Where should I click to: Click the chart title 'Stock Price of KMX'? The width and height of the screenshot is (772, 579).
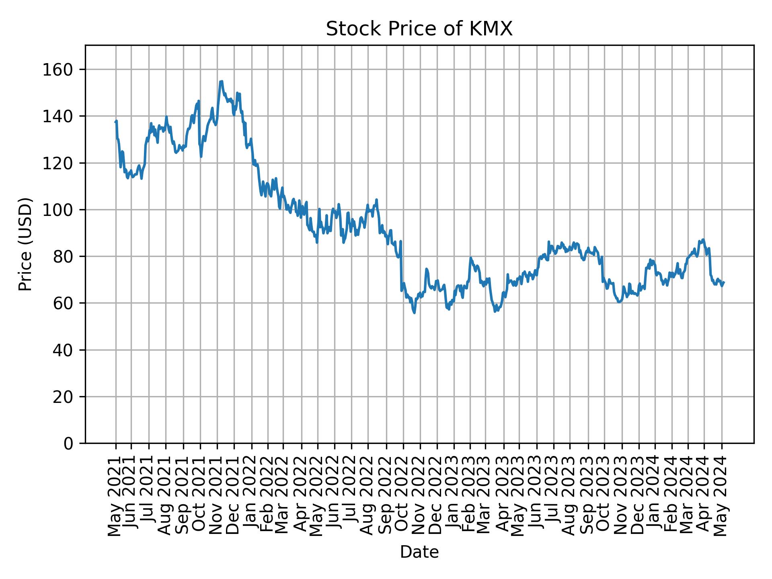click(419, 29)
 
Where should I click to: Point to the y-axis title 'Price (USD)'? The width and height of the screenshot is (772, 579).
click(25, 244)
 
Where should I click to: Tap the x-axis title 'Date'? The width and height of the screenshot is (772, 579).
click(419, 552)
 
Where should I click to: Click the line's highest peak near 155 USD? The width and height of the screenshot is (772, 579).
click(221, 82)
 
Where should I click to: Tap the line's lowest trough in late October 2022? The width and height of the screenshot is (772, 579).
click(414, 313)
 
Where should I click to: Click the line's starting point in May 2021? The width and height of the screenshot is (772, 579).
click(115, 123)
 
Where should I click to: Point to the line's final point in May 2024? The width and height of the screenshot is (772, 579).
click(724, 282)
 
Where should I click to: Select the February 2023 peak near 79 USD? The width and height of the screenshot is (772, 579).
click(470, 258)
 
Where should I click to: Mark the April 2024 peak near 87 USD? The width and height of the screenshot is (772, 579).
click(703, 240)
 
